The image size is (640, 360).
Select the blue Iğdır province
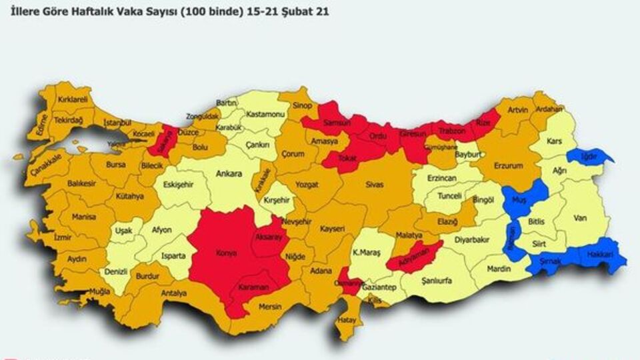click(588, 156)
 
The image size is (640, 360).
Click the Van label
click(580, 216)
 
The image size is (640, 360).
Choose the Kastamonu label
click(265, 115)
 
